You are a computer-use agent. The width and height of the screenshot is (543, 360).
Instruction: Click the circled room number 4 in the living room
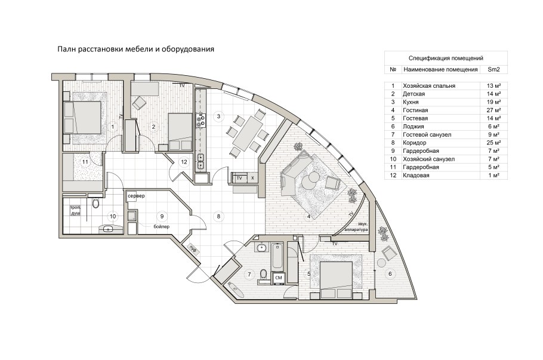308,216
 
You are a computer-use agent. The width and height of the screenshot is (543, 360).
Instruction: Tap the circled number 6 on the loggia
391,274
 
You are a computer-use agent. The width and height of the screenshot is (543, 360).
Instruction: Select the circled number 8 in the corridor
219,216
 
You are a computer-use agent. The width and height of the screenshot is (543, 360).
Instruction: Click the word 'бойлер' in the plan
161,227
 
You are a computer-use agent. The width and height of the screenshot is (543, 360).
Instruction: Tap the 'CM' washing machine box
278,278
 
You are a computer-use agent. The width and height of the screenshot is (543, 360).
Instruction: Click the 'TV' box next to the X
239,179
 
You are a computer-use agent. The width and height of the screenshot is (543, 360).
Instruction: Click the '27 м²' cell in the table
493,110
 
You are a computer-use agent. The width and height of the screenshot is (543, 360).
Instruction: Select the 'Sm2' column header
493,70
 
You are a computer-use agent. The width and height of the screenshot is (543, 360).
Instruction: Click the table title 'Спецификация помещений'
445,59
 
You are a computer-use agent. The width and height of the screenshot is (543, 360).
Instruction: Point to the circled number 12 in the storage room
184,162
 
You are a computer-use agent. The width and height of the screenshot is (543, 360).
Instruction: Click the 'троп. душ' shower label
76,210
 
